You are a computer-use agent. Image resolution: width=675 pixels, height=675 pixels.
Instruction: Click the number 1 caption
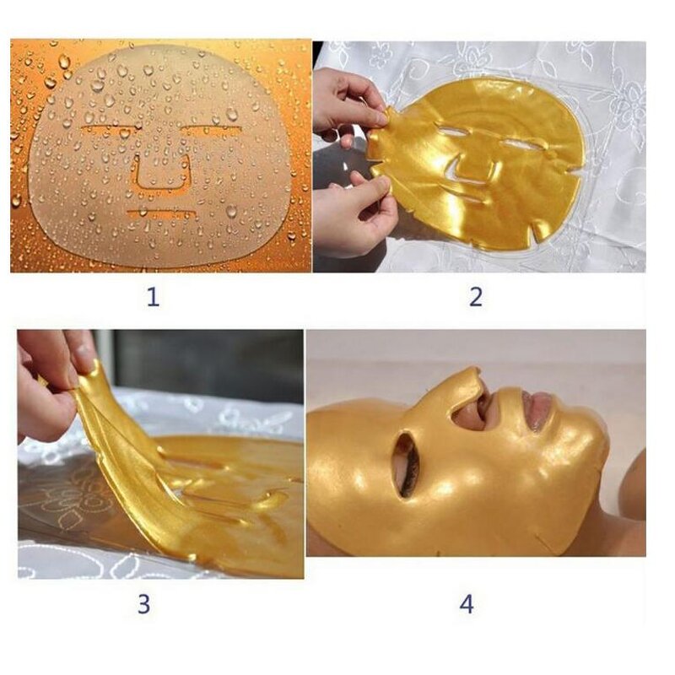[153, 297]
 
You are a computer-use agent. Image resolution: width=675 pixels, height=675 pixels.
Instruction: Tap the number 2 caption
[477, 297]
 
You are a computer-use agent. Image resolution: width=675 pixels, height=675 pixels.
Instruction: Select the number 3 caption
[143, 603]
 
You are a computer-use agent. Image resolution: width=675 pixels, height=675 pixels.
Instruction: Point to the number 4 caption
[467, 604]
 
